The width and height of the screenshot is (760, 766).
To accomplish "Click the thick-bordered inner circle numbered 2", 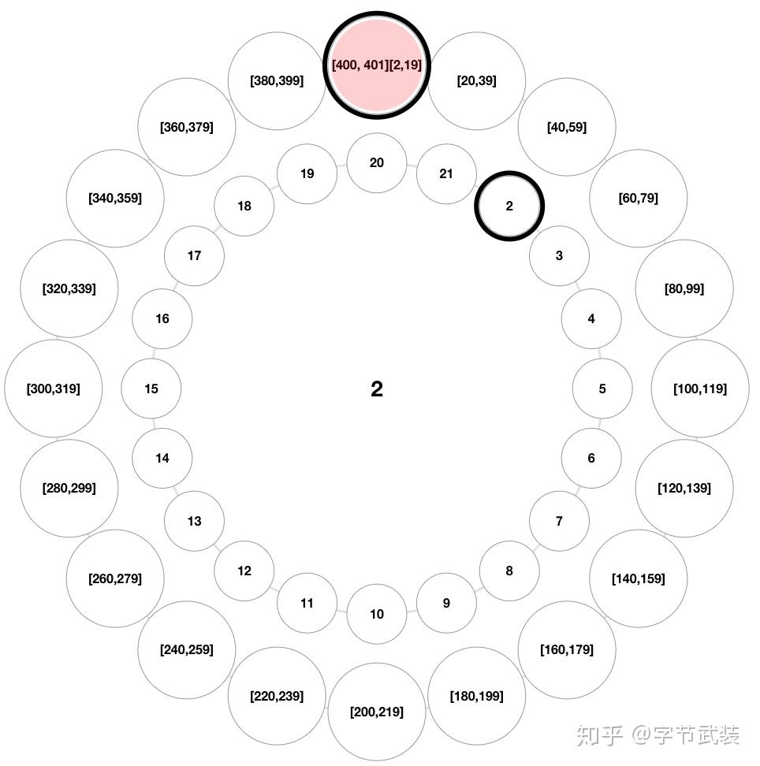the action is click(x=509, y=206).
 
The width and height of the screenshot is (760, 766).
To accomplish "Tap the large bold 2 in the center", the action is click(x=377, y=389).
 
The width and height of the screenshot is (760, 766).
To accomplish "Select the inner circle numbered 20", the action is click(x=377, y=163).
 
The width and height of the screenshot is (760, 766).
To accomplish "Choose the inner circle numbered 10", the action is click(x=377, y=614).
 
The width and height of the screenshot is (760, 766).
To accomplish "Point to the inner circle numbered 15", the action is click(x=151, y=389).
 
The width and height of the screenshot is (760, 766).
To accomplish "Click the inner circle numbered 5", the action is click(x=602, y=389).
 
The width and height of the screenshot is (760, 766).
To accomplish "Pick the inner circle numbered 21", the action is click(x=446, y=174).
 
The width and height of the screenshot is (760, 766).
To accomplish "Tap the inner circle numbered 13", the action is click(x=195, y=521).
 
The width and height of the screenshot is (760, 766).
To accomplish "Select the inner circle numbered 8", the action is click(x=509, y=571).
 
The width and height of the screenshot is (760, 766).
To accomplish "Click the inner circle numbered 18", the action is click(x=244, y=206).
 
